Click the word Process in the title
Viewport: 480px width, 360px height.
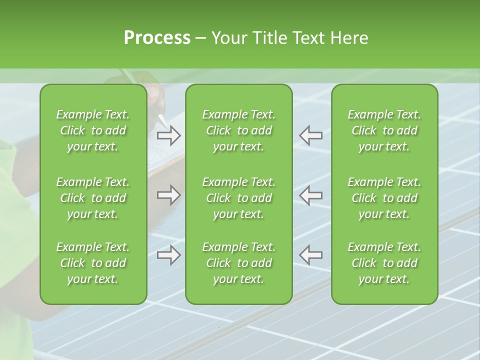(x=156, y=38)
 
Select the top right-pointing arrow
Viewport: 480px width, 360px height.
(x=169, y=135)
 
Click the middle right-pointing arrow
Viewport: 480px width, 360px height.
(x=169, y=195)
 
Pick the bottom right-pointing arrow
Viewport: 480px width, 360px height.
(x=169, y=255)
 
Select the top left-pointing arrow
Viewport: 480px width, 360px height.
(x=311, y=135)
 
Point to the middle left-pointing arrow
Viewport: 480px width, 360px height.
(x=311, y=195)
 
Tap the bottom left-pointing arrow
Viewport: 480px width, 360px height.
(x=311, y=255)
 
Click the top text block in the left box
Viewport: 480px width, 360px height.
(x=93, y=130)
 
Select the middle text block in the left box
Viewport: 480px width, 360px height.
(x=93, y=198)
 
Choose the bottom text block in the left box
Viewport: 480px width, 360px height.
(x=93, y=263)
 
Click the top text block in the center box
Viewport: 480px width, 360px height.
(x=239, y=130)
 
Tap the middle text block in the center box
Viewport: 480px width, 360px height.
(x=239, y=198)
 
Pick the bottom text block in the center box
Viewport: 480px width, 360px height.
(x=239, y=263)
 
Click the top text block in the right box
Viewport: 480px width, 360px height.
(x=384, y=130)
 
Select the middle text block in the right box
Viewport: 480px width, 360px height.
(x=384, y=198)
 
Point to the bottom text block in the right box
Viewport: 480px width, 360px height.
(x=384, y=263)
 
